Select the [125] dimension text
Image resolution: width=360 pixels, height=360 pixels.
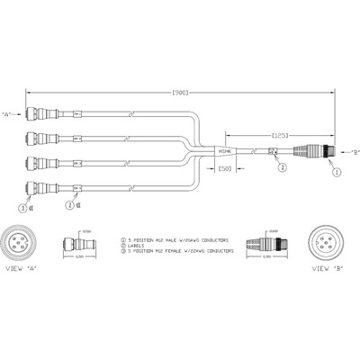(x=279, y=132)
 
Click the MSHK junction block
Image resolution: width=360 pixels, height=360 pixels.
(x=225, y=153)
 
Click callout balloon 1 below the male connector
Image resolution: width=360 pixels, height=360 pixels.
(x=337, y=169)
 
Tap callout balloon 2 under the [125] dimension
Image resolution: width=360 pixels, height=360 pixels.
(x=282, y=166)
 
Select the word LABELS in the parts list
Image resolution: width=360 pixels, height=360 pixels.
(x=138, y=247)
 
